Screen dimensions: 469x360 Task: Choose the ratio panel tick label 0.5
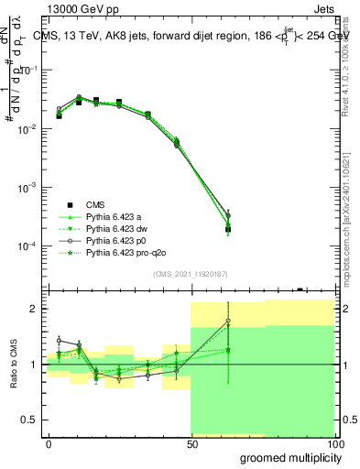point(32,420)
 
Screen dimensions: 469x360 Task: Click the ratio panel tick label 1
point(36,365)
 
